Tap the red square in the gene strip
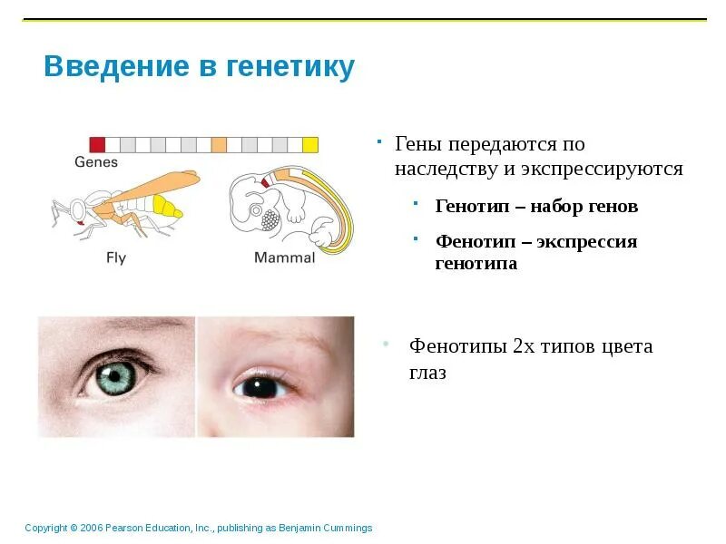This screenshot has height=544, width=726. [97, 143]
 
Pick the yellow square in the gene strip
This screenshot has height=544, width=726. [310, 143]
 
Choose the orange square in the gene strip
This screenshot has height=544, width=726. [219, 143]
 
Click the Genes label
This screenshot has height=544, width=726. [96, 162]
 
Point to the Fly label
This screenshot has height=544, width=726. [116, 258]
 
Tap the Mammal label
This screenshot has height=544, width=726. [284, 258]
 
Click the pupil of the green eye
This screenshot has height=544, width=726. [113, 376]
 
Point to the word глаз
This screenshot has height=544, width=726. [427, 373]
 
